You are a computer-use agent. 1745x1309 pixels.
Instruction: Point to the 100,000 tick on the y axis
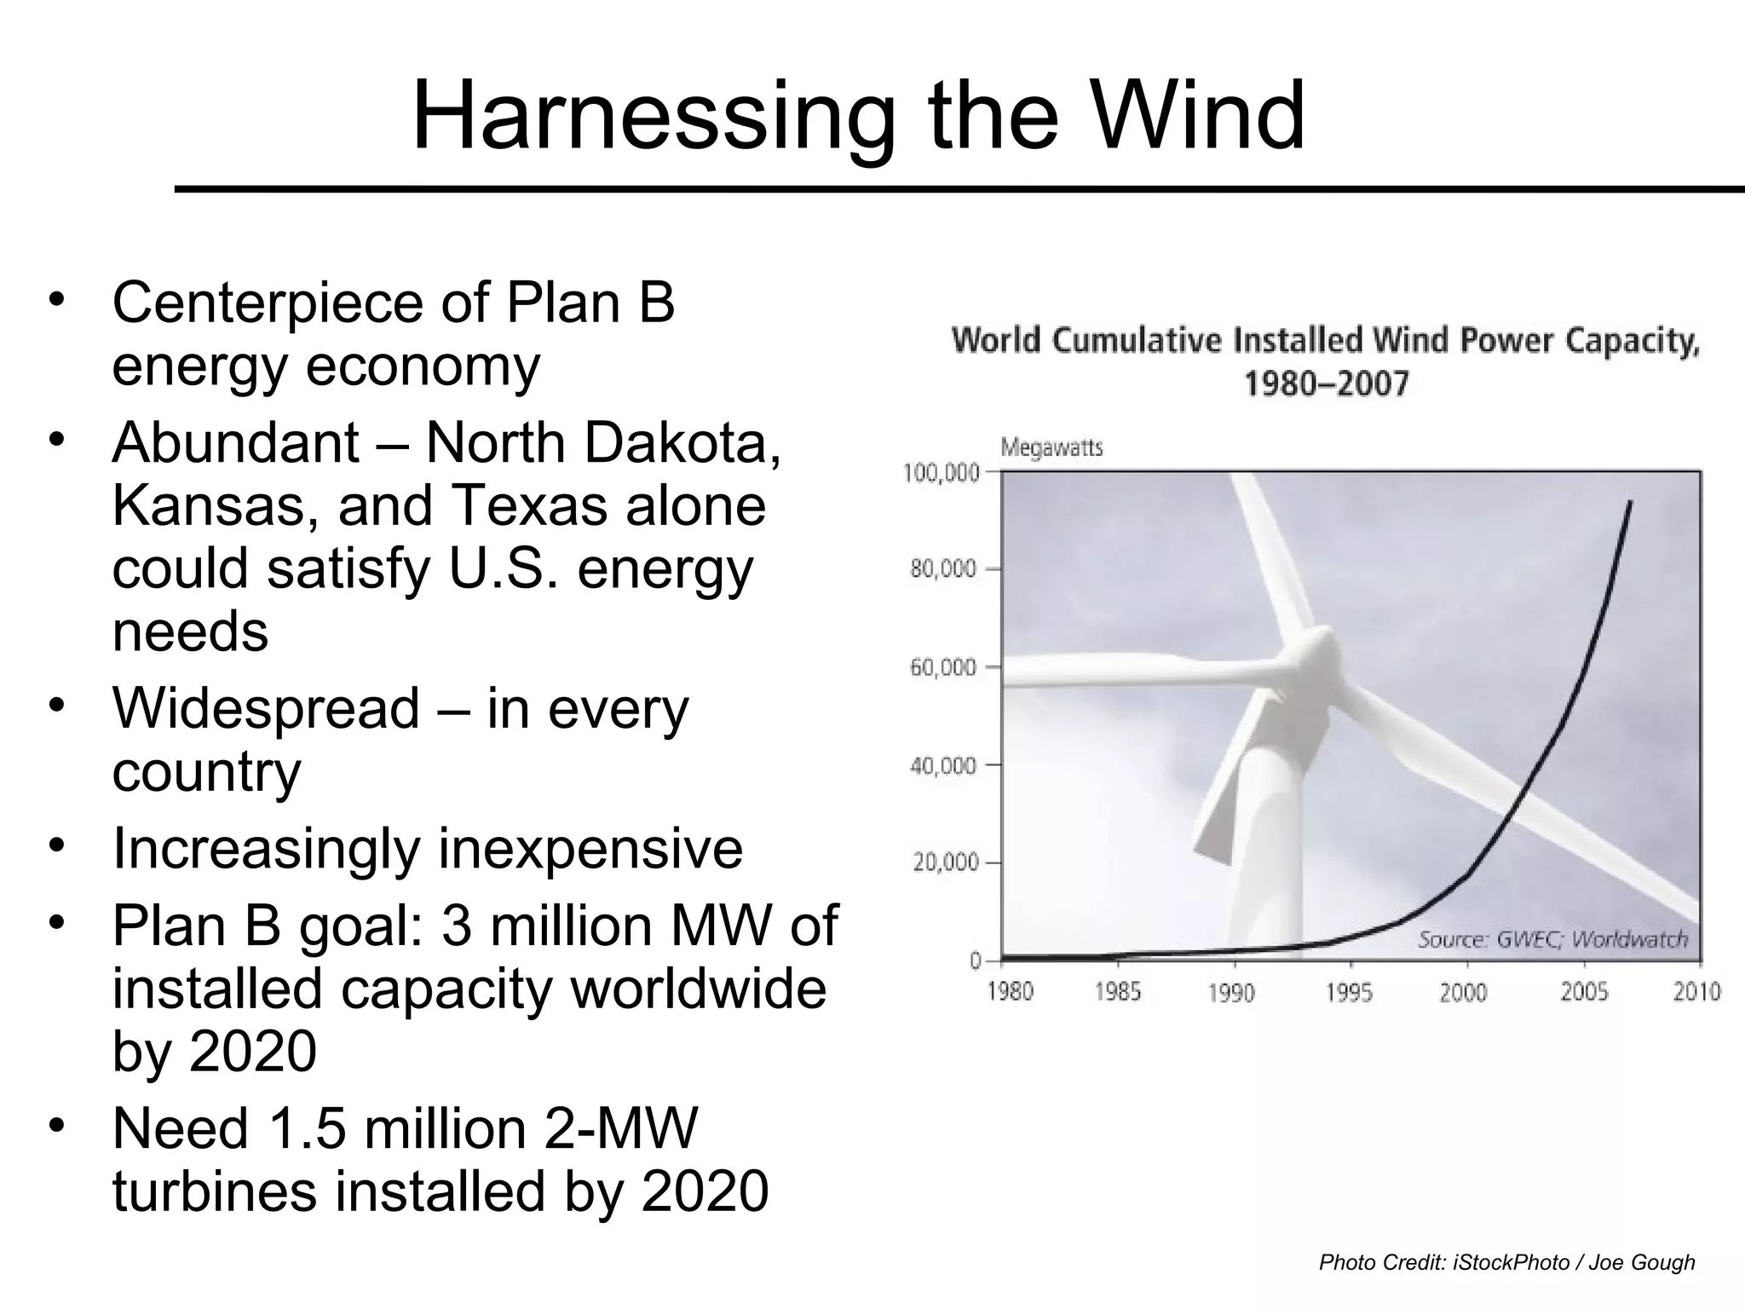(x=941, y=472)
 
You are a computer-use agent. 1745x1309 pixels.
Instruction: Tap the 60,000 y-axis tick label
(x=943, y=667)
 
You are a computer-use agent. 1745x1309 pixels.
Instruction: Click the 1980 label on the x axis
(x=1010, y=992)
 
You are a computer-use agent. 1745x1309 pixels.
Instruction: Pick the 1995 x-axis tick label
(x=1349, y=992)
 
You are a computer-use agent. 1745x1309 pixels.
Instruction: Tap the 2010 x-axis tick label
(x=1696, y=992)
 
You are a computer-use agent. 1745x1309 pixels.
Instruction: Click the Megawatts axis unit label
(x=1051, y=447)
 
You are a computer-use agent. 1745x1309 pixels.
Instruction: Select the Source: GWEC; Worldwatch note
(x=1552, y=939)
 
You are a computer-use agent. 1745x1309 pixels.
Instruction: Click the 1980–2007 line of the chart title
(x=1326, y=384)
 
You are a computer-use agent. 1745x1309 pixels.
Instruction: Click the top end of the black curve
(x=1631, y=502)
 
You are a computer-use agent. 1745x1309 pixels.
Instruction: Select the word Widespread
(x=266, y=709)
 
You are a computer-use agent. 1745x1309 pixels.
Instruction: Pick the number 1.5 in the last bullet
(x=308, y=1128)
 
